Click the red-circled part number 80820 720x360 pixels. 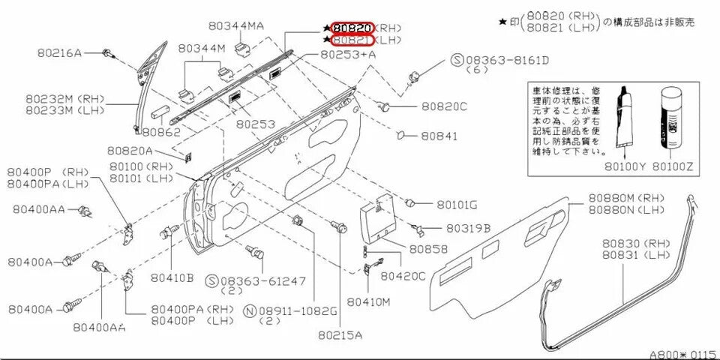point(352,28)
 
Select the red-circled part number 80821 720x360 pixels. point(352,40)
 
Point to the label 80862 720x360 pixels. point(161,131)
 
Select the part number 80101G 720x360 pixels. point(457,204)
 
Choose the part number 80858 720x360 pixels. point(428,248)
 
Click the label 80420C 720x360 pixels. point(403,276)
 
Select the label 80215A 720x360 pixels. point(339,335)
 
